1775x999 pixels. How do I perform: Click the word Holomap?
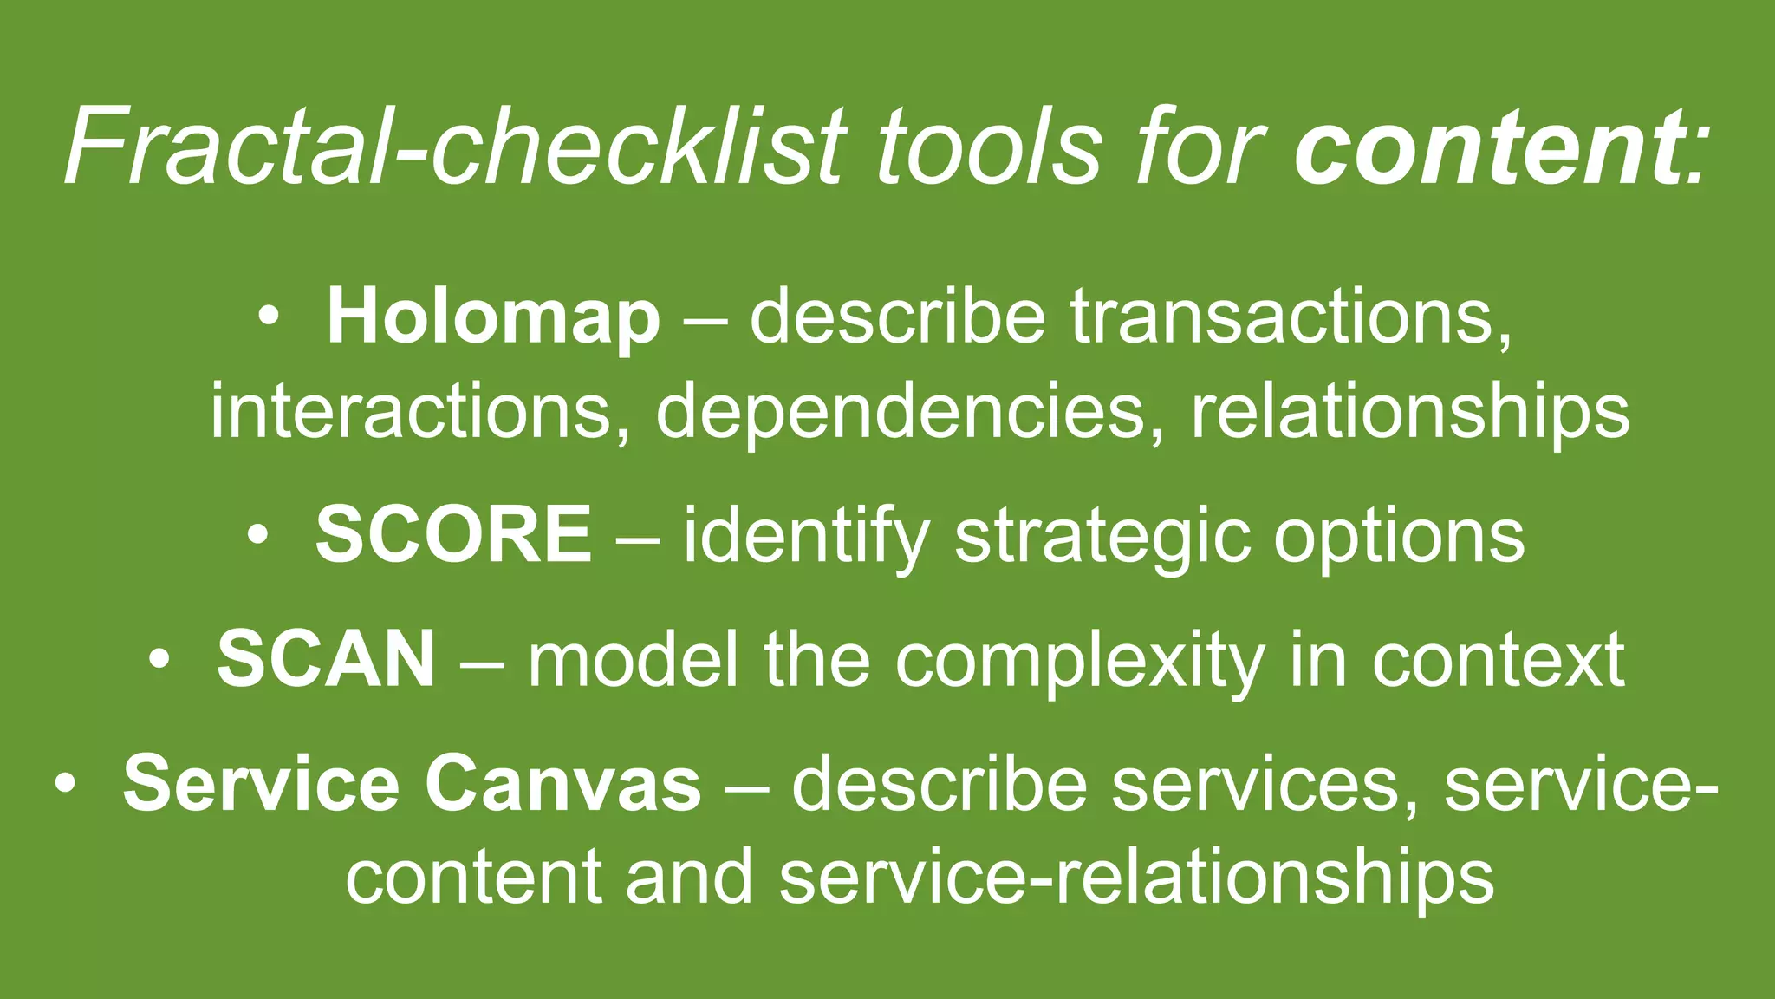tap(492, 318)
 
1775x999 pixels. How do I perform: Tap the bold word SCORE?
tap(453, 534)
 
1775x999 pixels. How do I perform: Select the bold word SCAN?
tap(326, 659)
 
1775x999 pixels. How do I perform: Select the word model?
tap(634, 659)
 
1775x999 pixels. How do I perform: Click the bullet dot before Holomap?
tap(269, 317)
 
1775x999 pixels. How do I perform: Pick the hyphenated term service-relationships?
tap(1136, 876)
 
